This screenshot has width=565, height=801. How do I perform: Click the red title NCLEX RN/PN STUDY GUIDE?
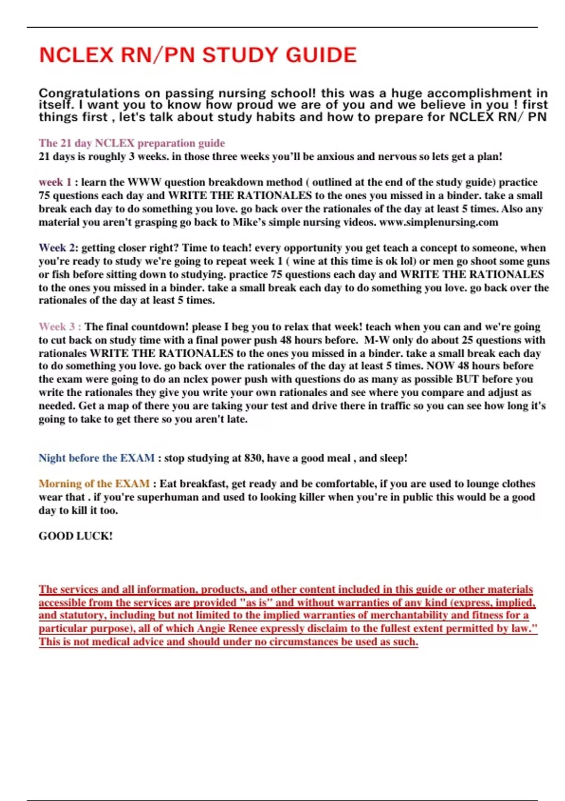198,55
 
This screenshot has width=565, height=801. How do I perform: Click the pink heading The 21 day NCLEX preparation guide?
132,143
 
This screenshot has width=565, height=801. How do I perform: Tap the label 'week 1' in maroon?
55,182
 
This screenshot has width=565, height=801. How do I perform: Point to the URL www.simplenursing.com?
438,222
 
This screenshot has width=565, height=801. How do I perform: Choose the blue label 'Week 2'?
57,248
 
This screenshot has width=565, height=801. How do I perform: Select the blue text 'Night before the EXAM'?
97,458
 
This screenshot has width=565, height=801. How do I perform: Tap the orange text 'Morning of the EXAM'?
94,484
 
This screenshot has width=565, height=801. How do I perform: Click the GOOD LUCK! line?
76,536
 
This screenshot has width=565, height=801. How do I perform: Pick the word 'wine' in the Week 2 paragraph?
304,262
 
